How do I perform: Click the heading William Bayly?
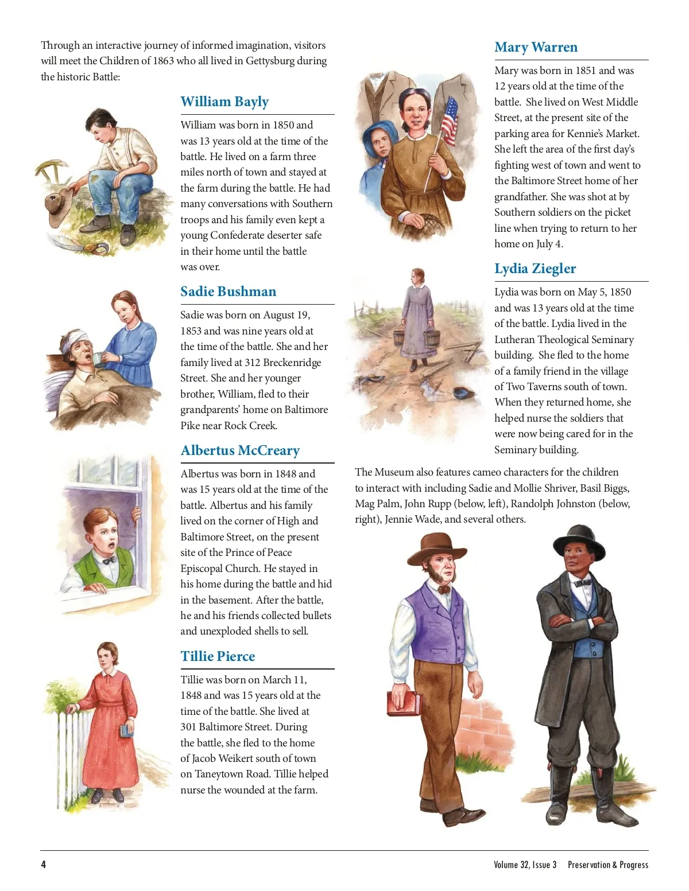[x=224, y=102]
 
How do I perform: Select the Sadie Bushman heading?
[x=228, y=291]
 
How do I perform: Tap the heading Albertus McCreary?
[x=240, y=450]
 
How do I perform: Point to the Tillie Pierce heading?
[x=218, y=656]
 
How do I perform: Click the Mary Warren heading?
[x=536, y=47]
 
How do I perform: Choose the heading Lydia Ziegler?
[x=535, y=269]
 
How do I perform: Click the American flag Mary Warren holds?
[x=450, y=121]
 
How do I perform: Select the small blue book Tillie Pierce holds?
[x=126, y=730]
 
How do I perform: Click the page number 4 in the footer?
[x=44, y=865]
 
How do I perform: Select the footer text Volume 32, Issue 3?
[x=525, y=865]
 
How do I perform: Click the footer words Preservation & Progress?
[x=607, y=865]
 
